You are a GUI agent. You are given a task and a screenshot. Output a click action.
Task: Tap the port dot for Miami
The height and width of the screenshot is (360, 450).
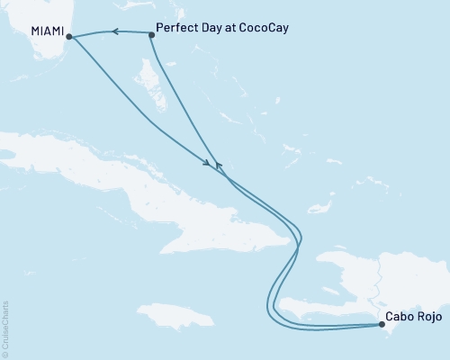pos(70,38)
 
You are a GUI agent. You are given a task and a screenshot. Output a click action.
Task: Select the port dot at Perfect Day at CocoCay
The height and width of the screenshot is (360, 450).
pos(150,34)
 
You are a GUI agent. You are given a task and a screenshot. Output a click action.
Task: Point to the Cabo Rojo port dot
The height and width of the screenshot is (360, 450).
pos(382,326)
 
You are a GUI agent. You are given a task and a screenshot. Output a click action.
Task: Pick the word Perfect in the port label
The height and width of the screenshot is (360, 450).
pos(177,28)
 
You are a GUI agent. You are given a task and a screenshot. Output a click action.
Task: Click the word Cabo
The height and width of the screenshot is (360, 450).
pos(401,318)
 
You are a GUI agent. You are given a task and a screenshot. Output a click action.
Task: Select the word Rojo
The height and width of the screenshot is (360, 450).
pos(431,318)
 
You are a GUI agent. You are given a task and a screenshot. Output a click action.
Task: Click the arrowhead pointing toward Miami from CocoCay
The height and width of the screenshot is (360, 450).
pos(115,32)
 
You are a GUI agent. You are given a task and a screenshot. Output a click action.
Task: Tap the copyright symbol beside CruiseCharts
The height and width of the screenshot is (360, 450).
pos(5,354)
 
